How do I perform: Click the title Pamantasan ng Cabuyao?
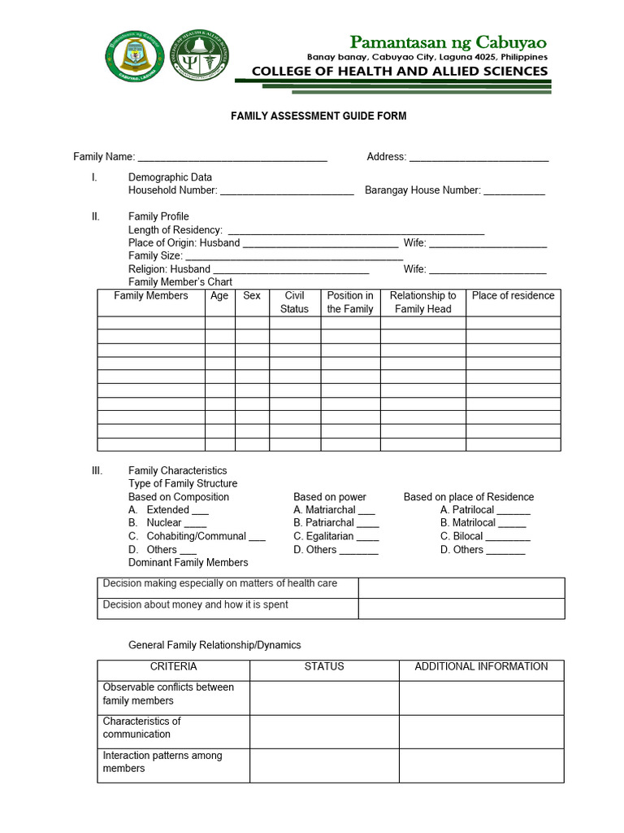pyautogui.click(x=448, y=42)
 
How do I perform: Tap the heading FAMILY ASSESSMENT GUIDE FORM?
pyautogui.click(x=318, y=116)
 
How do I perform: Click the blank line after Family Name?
pyautogui.click(x=232, y=158)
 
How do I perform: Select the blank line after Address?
pyautogui.click(x=479, y=158)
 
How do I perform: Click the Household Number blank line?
pyautogui.click(x=287, y=192)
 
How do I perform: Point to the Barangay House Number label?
pyautogui.click(x=422, y=190)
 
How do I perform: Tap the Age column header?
pyautogui.click(x=219, y=296)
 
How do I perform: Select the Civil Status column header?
pyautogui.click(x=294, y=303)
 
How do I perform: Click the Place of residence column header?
pyautogui.click(x=513, y=296)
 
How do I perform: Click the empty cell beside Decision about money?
pyautogui.click(x=461, y=608)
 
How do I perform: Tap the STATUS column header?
pyautogui.click(x=324, y=666)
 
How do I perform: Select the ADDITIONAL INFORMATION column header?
pyautogui.click(x=481, y=666)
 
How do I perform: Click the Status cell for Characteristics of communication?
pyautogui.click(x=324, y=731)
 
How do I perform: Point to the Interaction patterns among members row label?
pyautogui.click(x=162, y=762)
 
